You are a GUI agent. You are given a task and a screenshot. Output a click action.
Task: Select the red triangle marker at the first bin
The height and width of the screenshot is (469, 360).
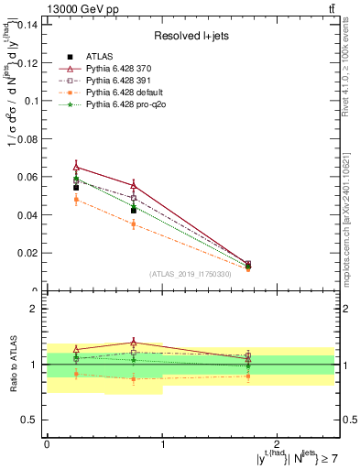click(76, 167)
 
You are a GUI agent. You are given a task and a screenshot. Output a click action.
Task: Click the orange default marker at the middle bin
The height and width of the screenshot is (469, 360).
click(134, 224)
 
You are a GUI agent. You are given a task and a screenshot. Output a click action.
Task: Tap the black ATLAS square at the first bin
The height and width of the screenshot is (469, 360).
click(76, 188)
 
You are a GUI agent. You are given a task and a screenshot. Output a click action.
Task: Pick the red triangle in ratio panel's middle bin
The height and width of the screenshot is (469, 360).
click(134, 343)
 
